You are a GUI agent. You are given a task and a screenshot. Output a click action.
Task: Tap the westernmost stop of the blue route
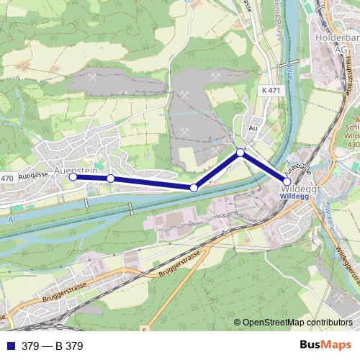click(x=73, y=176)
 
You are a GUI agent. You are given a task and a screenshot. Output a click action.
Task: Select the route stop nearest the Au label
click(x=240, y=152)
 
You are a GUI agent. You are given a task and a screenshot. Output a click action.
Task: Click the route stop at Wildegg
click(x=287, y=182)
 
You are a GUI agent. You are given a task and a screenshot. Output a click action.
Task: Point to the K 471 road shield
click(x=271, y=89)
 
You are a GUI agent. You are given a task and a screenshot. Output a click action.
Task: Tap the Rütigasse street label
click(x=35, y=174)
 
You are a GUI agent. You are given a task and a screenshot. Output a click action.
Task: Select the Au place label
click(x=253, y=127)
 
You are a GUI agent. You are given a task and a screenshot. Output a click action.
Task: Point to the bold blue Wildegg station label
click(x=294, y=194)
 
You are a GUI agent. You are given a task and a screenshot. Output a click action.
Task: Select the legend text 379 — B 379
click(x=52, y=346)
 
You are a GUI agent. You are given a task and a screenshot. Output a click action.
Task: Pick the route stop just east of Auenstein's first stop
click(x=110, y=179)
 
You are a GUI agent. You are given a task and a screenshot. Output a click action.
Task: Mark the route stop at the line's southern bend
click(x=194, y=188)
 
